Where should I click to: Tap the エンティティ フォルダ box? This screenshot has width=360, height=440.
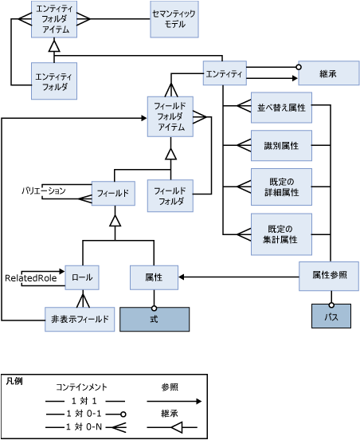coord(54,81)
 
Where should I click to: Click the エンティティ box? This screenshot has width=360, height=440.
coord(224,73)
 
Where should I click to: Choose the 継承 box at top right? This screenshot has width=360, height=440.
coord(328,73)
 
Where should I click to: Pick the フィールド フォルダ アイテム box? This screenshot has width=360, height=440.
coord(170,116)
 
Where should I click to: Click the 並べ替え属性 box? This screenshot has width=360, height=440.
coord(281,107)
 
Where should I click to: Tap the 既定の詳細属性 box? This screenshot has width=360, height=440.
coord(281,187)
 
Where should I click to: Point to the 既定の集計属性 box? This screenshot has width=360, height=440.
coord(281,234)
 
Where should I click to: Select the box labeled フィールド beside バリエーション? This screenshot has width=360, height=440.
coord(112,193)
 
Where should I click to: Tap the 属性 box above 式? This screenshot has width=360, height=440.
coord(154,277)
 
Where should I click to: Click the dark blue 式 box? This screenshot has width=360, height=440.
coord(154,318)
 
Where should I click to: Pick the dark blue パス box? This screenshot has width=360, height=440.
coord(331,316)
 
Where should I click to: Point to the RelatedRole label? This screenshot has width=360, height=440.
coord(29,278)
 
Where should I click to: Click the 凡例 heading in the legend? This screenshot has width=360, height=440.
coord(14,381)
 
